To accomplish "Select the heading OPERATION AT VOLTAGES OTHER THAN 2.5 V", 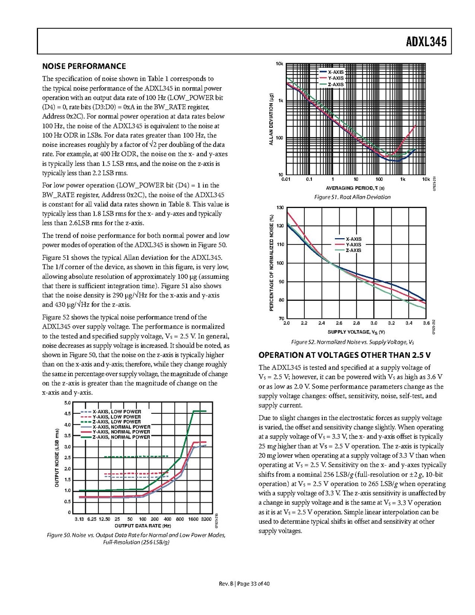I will coord(347,355).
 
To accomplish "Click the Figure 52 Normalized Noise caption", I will coord(352,342).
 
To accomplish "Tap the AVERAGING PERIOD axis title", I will coord(355,188).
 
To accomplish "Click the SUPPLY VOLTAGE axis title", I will coord(356,332).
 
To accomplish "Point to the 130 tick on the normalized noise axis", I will coord(279,207).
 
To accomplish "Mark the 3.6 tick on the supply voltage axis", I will coord(425,323).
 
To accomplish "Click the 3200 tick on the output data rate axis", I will coord(206,520).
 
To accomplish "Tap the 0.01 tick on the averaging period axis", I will coord(286,180).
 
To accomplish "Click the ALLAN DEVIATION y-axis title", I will coord(271,119).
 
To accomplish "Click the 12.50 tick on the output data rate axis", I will coord(106,520).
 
